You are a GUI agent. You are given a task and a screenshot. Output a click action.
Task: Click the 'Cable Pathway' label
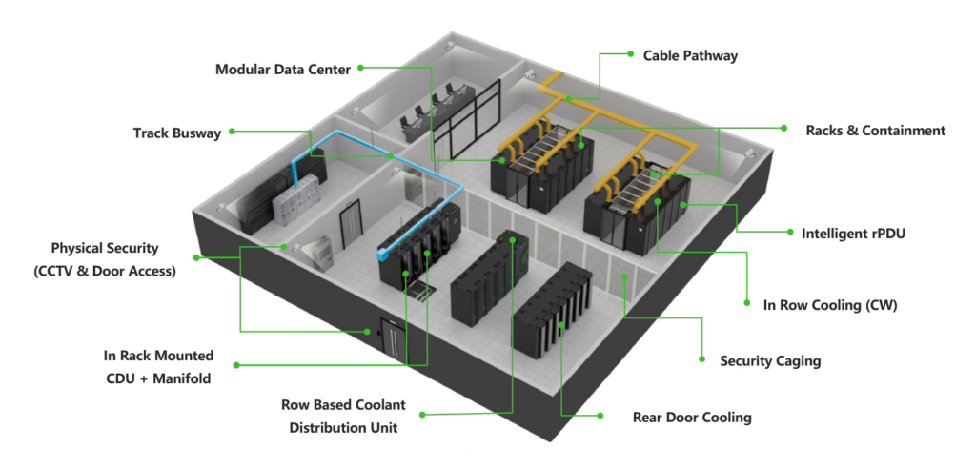click(x=690, y=56)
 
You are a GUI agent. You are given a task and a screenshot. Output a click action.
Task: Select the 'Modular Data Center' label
click(x=283, y=70)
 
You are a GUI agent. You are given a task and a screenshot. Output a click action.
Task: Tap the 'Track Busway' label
click(x=176, y=133)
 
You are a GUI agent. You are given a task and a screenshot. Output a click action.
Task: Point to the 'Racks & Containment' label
click(x=875, y=131)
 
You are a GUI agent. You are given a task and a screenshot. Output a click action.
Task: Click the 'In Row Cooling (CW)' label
click(x=830, y=306)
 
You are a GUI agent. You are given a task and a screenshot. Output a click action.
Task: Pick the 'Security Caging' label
click(x=769, y=361)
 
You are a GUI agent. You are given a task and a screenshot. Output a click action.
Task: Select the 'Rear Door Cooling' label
click(x=692, y=418)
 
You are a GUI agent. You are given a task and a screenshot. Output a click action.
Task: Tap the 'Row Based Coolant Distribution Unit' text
click(x=343, y=416)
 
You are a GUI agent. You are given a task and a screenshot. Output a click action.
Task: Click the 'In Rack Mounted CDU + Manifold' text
click(x=158, y=366)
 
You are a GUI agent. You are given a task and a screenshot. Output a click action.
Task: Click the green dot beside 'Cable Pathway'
click(x=630, y=55)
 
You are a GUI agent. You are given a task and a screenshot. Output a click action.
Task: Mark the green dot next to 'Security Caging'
click(x=701, y=359)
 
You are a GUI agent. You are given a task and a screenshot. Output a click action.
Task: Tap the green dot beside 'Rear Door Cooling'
click(x=601, y=416)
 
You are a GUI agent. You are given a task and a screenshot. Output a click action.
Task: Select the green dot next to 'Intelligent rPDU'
click(x=791, y=231)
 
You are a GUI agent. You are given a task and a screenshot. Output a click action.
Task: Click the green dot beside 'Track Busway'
click(x=234, y=132)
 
